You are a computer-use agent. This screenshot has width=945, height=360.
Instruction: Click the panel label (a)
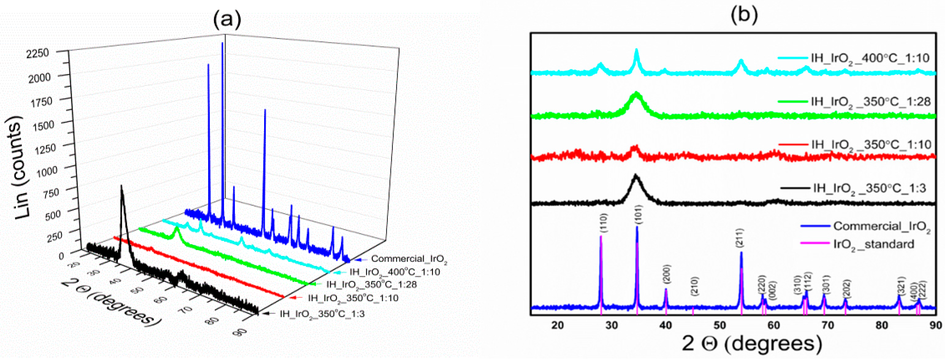coord(227,18)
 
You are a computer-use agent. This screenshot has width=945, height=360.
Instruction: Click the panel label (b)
coord(744,15)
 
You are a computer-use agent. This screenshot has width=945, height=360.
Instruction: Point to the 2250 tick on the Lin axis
coord(38,54)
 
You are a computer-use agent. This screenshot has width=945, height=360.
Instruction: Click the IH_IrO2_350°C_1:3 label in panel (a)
coord(322,314)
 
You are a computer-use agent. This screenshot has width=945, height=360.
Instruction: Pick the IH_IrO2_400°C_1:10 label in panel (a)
coord(394,272)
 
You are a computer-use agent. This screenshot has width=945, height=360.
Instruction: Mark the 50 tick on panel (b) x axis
coord(720,325)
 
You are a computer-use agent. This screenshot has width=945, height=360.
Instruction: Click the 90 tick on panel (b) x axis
coord(936,325)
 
